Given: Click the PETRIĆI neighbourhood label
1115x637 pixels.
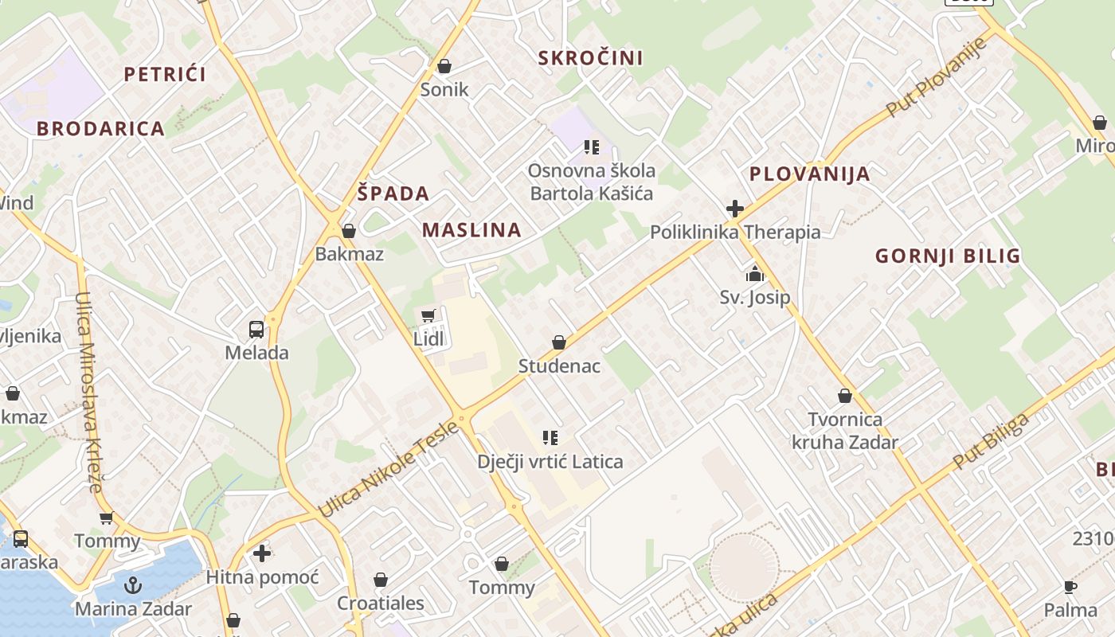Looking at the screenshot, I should point(165,74).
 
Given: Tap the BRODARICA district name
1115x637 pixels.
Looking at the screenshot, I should point(100,128).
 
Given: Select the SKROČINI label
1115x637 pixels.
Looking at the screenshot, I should point(590,57).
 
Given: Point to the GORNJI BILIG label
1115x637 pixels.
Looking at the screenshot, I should point(948,256).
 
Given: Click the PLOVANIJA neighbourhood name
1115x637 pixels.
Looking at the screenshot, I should point(809,174).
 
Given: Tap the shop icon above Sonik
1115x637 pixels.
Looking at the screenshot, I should point(444,65).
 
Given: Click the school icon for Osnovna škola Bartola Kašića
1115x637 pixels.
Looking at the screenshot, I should point(591,147).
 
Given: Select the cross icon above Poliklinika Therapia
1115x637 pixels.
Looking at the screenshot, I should point(734,209).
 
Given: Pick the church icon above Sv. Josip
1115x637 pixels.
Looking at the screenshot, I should point(754,275).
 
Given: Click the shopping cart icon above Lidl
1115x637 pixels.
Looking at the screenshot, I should point(428,315).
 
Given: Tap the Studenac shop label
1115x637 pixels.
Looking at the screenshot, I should point(559,366).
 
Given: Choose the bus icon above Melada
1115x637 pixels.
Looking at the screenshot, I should point(256,329).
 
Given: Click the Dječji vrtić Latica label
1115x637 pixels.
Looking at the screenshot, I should point(550,461).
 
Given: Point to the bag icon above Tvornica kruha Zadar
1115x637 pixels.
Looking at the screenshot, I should point(844,396).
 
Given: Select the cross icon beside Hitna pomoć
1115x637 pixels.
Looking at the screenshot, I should point(262,553).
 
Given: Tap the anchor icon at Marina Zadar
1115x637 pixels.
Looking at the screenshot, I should point(133,586).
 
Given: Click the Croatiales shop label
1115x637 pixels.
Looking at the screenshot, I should point(381,603).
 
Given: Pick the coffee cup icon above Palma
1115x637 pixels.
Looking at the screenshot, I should point(1070,587).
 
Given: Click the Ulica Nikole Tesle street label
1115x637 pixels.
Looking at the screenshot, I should point(388,469).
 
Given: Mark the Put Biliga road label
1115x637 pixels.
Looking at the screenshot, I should point(992,440).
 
